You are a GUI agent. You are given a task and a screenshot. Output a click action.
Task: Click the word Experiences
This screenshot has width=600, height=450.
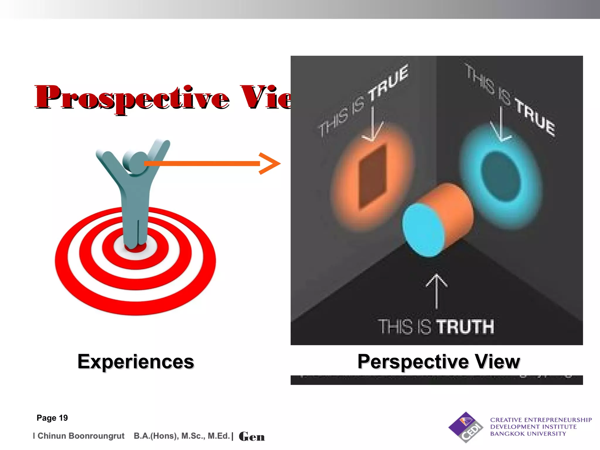click(x=136, y=362)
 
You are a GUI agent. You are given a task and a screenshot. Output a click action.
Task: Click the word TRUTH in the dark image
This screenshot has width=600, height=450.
click(x=465, y=327)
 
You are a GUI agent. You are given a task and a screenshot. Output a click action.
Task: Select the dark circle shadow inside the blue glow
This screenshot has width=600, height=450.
click(x=500, y=176)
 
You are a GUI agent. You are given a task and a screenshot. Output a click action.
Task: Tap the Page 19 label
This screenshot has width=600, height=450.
click(x=52, y=418)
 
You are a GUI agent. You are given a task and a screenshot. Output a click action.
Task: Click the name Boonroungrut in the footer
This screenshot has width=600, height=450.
click(x=97, y=436)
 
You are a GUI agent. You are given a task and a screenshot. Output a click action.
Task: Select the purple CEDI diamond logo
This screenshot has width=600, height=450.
click(x=466, y=427)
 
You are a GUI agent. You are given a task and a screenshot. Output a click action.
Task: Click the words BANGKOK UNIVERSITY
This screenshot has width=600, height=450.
click(x=528, y=434)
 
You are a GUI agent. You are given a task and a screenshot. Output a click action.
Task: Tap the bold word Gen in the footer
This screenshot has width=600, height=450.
click(x=252, y=437)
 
